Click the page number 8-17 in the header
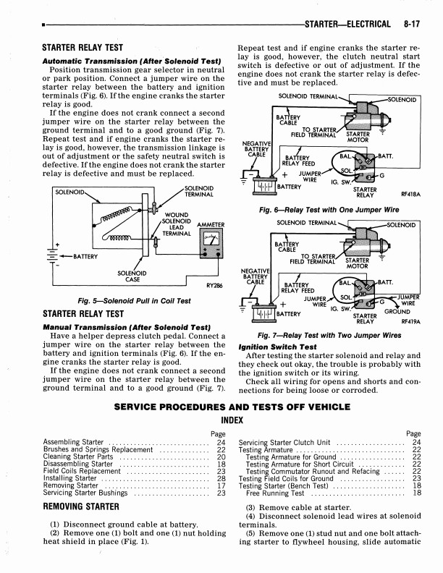412,24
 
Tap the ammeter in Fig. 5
211,243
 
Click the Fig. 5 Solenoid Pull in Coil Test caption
134,301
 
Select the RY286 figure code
214,286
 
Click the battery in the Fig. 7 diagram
263,313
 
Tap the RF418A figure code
411,195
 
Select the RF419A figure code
411,321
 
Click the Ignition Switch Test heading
277,347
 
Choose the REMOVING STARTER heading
81,506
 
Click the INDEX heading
232,420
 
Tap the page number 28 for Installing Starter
221,478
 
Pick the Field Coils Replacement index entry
82,472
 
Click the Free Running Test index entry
275,493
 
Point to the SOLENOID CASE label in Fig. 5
132,276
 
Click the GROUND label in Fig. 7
397,312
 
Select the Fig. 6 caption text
329,210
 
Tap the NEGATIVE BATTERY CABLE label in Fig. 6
256,149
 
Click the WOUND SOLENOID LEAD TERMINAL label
177,224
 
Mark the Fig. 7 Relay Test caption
329,336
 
